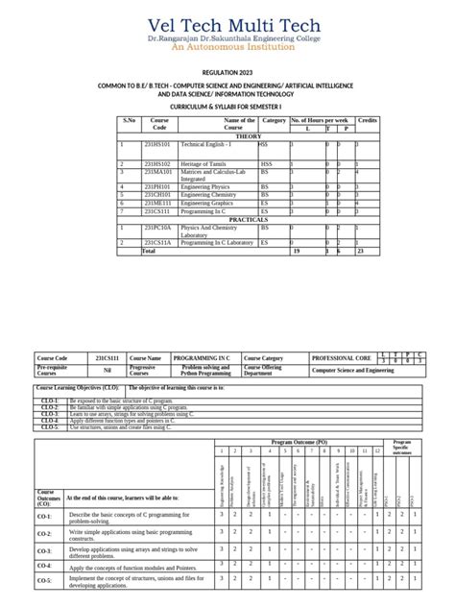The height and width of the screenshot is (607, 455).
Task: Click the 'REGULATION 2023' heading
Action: pos(227,73)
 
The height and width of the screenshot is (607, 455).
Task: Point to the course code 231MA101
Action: pos(157,172)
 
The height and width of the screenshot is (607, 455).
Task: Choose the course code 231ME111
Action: pos(157,203)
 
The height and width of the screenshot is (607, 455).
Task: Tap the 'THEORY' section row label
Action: pos(249,136)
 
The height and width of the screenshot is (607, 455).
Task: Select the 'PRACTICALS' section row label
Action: pos(249,219)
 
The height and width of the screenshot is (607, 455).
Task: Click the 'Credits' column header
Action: pos(368,120)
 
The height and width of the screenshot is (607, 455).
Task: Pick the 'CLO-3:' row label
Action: pos(50,413)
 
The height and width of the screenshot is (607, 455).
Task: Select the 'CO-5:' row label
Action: pos(45,581)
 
